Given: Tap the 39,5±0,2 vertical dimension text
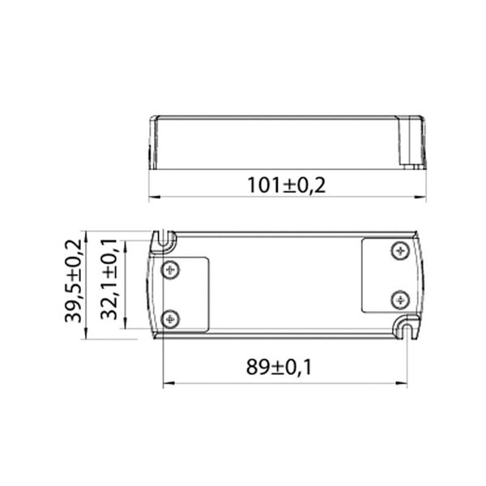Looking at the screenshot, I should [x=75, y=282].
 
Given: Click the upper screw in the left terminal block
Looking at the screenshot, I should [x=169, y=270].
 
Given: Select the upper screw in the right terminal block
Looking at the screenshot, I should [x=398, y=251].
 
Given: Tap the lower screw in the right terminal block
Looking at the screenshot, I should [x=398, y=300].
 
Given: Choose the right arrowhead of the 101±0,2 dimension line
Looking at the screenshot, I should [x=424, y=196].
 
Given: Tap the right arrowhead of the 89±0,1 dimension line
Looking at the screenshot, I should [x=402, y=383].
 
